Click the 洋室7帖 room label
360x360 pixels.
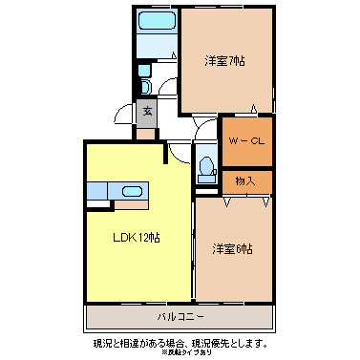pyautogui.click(x=225, y=61)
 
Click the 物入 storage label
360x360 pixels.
pyautogui.click(x=245, y=180)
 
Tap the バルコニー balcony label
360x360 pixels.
pyautogui.click(x=180, y=315)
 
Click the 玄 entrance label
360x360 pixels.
pyautogui.click(x=148, y=112)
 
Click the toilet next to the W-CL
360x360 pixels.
pyautogui.click(x=205, y=167)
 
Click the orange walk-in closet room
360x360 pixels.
pyautogui.click(x=247, y=140)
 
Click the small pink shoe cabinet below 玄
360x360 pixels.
pyautogui.click(x=145, y=132)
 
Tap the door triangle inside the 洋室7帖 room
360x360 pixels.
pyautogui.click(x=254, y=108)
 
